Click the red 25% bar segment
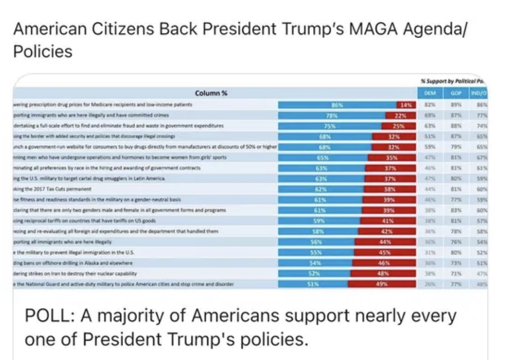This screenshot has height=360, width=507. [x=399, y=125]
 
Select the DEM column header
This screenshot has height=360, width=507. [x=429, y=93]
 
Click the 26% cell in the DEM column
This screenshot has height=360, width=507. [x=429, y=284]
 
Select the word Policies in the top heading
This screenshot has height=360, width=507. [x=43, y=51]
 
